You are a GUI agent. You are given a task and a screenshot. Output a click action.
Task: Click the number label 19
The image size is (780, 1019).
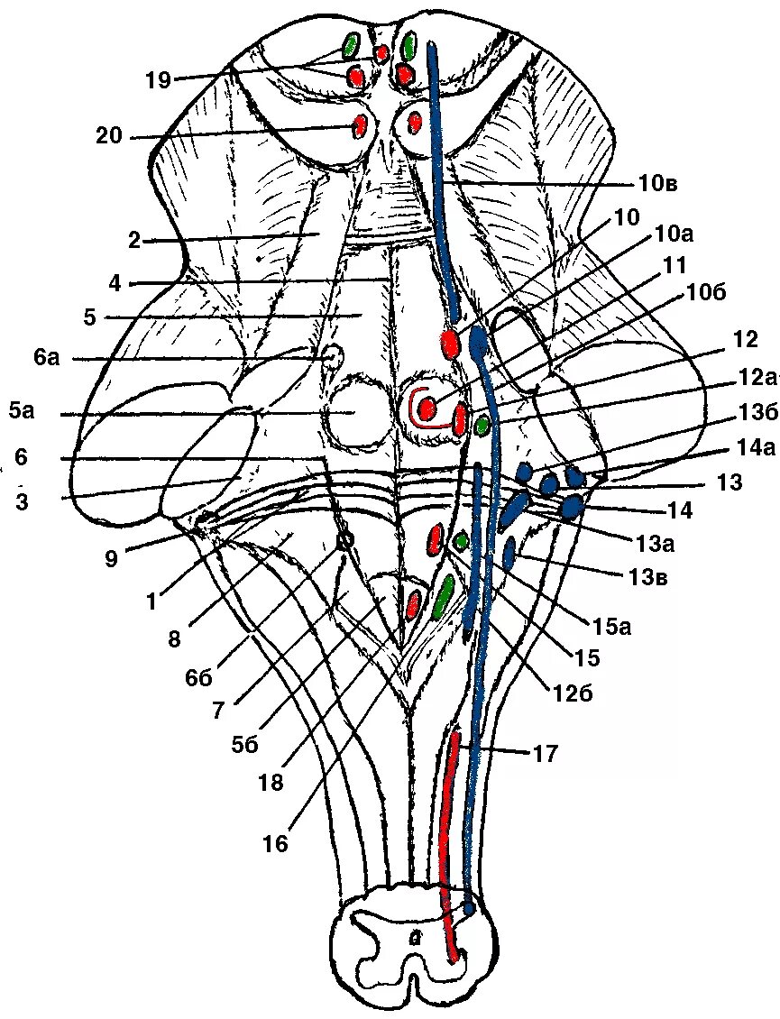click(158, 80)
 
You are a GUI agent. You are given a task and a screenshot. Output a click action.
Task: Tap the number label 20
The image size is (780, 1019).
click(108, 137)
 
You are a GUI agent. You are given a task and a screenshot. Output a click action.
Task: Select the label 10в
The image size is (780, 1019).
click(657, 184)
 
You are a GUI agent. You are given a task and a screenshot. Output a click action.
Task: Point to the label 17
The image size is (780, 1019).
click(546, 752)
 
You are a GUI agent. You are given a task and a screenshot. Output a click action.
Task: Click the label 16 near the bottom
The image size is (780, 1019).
click(275, 843)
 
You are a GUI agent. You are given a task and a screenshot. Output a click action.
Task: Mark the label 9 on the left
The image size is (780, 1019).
click(110, 559)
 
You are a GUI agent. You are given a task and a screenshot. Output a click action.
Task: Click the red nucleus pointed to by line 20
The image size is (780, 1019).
click(360, 124)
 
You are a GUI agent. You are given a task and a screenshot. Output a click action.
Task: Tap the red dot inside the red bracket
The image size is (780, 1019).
click(428, 409)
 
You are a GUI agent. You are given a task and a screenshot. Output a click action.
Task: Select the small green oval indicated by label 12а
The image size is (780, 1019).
click(483, 422)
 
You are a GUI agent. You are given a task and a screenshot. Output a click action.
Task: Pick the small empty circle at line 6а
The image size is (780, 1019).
click(334, 356)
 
